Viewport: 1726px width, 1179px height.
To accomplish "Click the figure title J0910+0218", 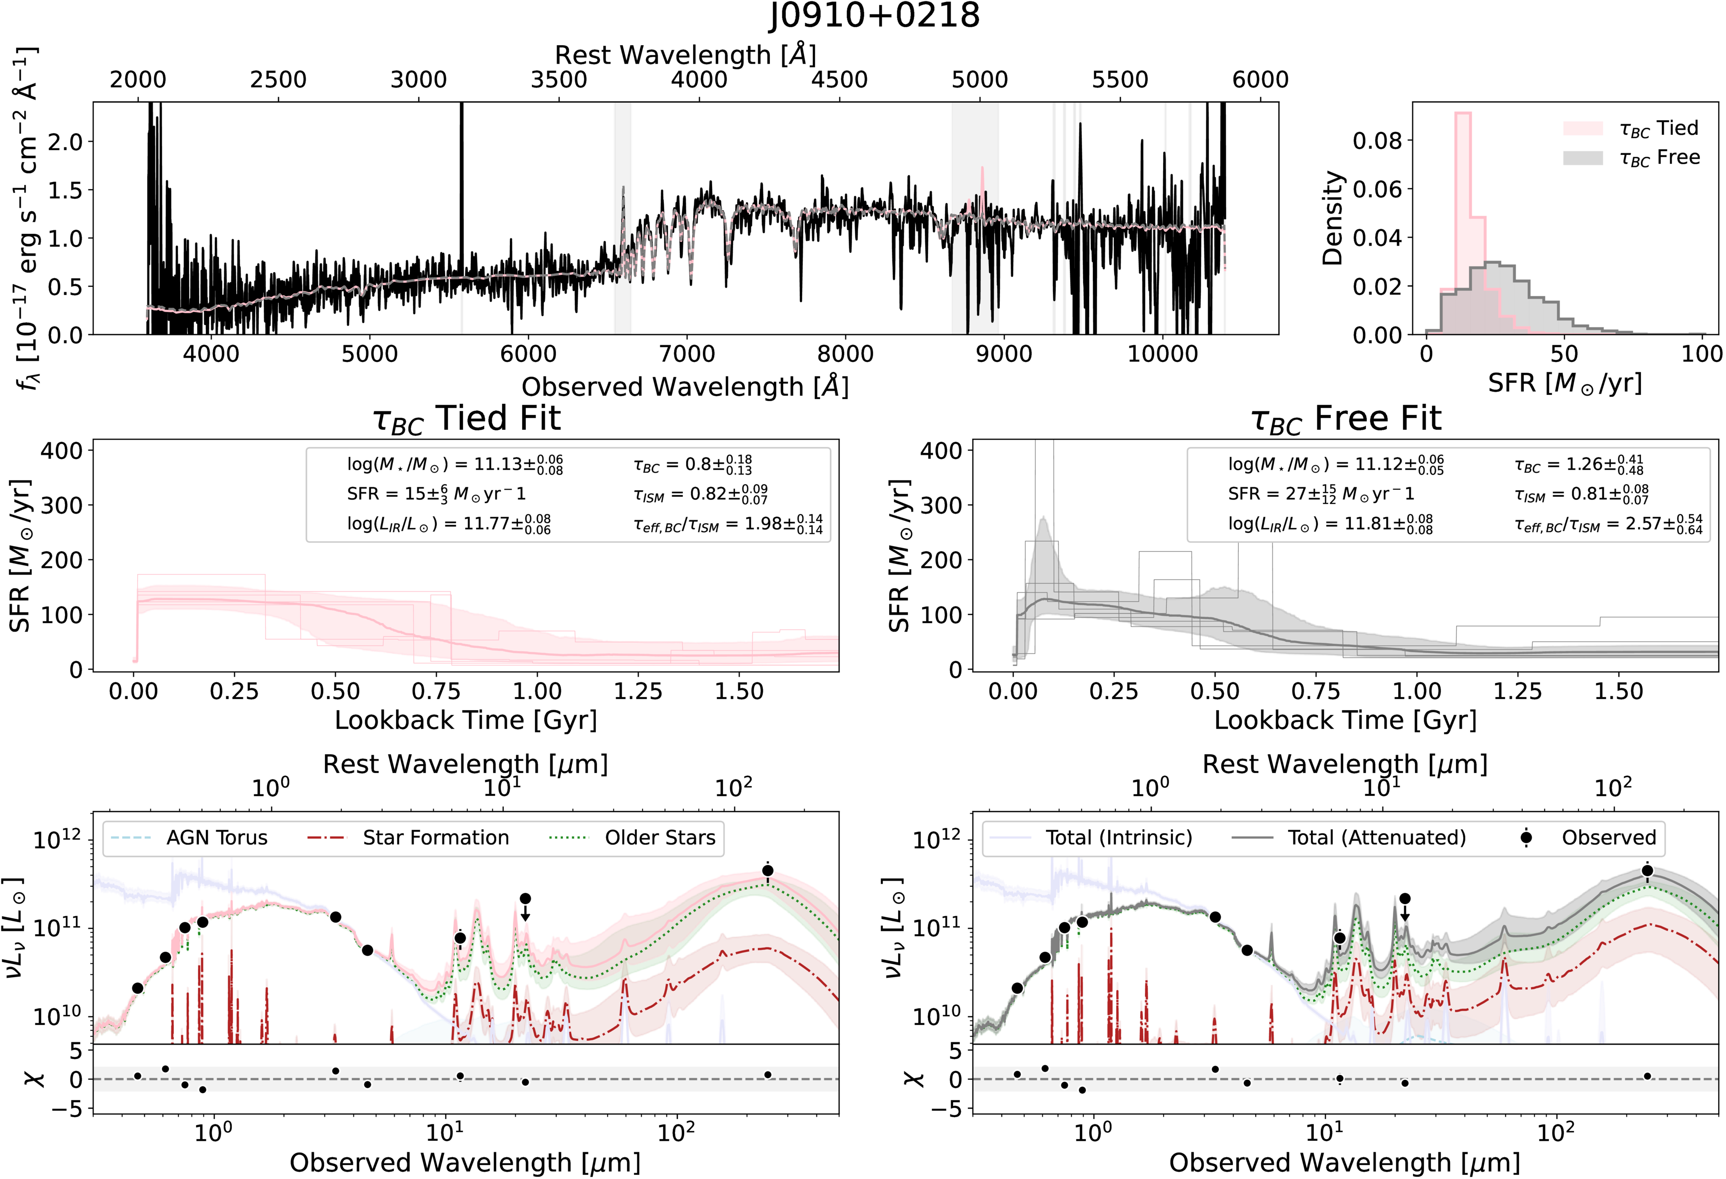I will point(874,16).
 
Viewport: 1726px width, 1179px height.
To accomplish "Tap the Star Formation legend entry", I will point(409,838).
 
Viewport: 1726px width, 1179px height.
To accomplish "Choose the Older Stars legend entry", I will point(632,838).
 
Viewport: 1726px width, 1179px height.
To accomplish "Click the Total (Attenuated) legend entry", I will point(1349,838).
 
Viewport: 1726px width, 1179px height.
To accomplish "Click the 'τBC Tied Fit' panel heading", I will point(466,419).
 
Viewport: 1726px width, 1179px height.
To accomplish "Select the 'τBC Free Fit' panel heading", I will point(1346,419).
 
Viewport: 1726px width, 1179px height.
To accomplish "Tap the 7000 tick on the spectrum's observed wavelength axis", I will point(687,353).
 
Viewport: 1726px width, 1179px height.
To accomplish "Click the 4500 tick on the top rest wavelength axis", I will point(839,80).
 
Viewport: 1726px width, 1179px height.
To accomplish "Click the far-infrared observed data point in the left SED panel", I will point(768,871).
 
